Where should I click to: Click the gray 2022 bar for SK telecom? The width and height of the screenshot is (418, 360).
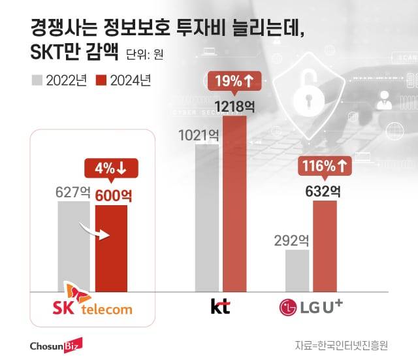(73, 246)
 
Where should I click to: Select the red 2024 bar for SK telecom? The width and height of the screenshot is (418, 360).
(111, 248)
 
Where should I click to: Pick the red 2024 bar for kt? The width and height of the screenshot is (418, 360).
(235, 203)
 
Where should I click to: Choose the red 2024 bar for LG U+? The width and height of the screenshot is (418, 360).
(325, 245)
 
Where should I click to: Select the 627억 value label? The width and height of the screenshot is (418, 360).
(72, 193)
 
